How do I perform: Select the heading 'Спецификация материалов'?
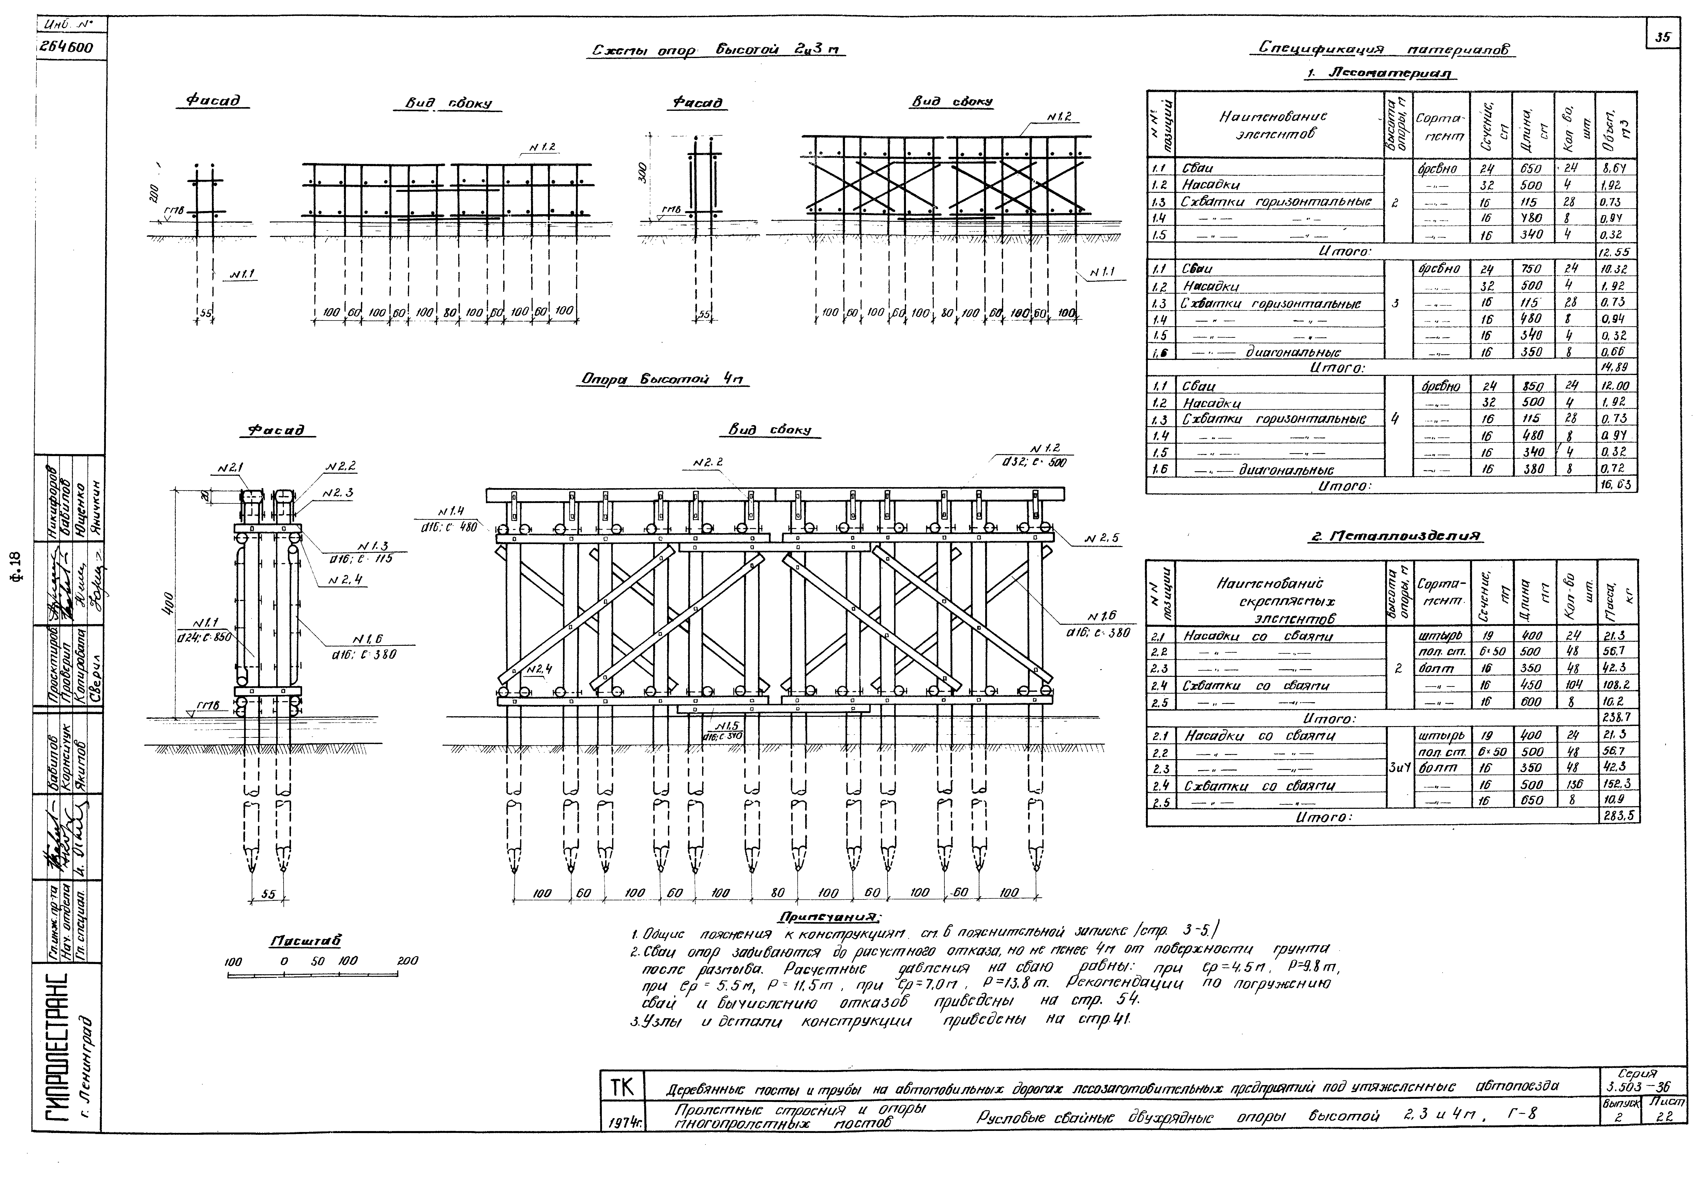click(1384, 49)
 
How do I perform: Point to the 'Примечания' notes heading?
click(829, 917)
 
